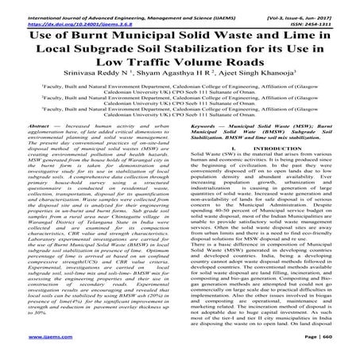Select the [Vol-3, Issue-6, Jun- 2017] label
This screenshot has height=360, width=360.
coord(301,7)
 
